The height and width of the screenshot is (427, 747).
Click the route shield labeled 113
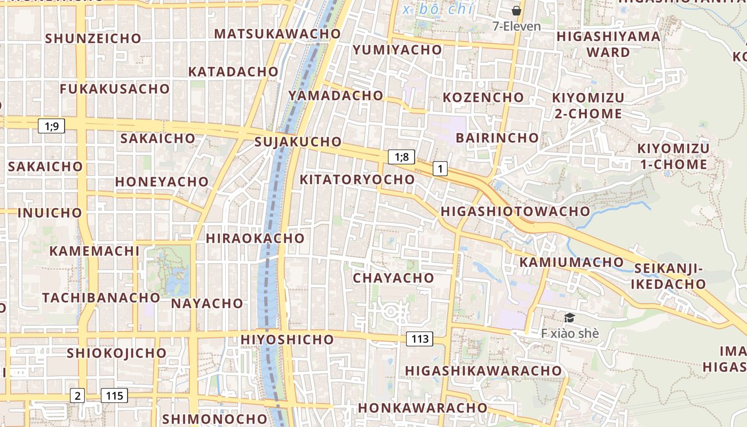coord(420,338)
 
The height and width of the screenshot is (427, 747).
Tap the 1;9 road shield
coord(52,126)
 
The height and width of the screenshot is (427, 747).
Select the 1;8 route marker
coord(401,156)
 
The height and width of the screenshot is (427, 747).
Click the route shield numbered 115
coord(114,396)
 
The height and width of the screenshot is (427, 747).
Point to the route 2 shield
coord(78,396)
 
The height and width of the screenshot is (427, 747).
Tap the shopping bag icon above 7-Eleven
coord(516,10)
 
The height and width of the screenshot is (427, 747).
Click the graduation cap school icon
coord(569,318)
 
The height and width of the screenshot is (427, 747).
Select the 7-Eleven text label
coord(516,26)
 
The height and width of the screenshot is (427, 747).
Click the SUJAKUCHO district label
coord(298,141)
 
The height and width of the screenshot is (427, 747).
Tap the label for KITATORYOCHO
coord(357,179)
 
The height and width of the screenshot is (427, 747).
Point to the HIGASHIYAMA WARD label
coord(608,44)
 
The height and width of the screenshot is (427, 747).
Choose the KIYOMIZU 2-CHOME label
coord(587,106)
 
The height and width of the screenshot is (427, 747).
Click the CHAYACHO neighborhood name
coord(394,278)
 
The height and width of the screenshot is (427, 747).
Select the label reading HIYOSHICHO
coord(287,339)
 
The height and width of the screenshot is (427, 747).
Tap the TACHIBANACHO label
coord(101,297)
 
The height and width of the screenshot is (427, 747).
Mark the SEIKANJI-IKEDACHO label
coord(669,276)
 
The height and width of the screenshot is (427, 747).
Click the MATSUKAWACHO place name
coord(277,34)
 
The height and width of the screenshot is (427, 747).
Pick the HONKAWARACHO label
coord(423,408)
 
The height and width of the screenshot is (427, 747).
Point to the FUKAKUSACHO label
coord(115,89)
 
